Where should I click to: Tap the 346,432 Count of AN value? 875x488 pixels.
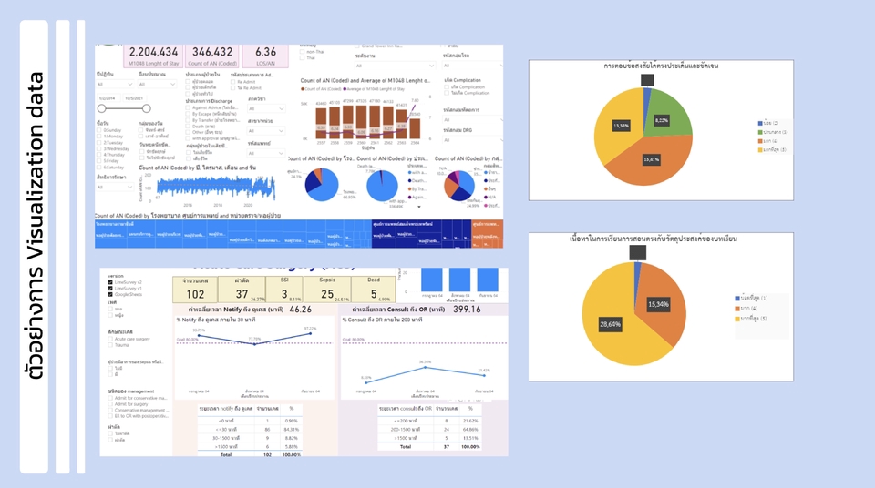(212, 53)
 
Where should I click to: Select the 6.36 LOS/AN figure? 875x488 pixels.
(265, 53)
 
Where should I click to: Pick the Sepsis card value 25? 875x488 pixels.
(330, 294)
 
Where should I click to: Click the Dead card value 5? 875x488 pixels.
(374, 294)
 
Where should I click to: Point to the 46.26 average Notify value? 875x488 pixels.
(302, 310)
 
